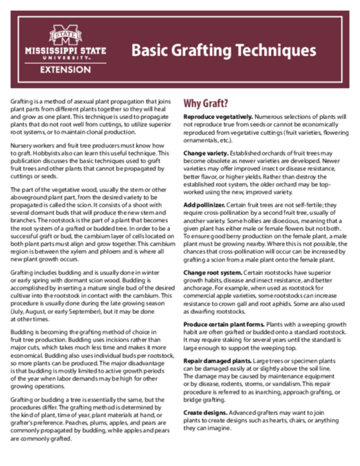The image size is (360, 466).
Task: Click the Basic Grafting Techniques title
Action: point(223,51)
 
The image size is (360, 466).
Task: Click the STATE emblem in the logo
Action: point(66,33)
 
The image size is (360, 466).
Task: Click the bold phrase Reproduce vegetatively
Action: point(217,116)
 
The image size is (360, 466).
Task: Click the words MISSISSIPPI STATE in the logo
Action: point(66,51)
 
